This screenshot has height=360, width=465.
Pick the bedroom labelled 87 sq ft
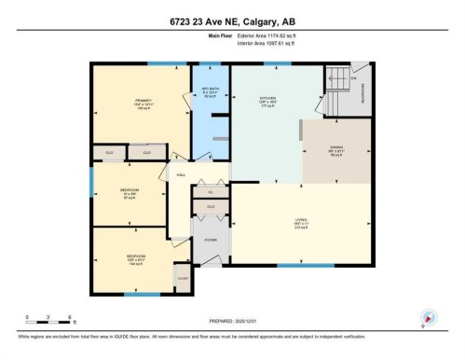tap(130, 194)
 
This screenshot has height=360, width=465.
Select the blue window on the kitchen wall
tap(276, 63)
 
